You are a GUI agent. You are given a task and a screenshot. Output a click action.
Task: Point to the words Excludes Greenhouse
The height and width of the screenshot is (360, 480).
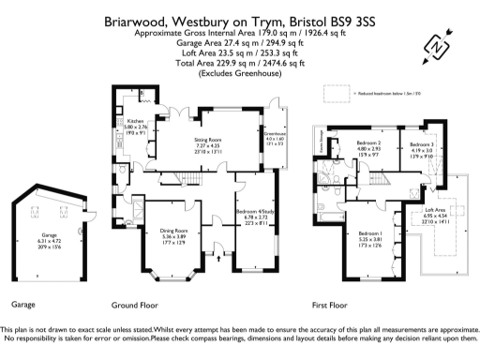pyautogui.click(x=239, y=73)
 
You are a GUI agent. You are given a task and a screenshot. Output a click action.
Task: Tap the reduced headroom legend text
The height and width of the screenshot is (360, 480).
pyautogui.click(x=390, y=94)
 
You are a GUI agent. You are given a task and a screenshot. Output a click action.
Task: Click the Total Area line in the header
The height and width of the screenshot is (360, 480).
pyautogui.click(x=239, y=62)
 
